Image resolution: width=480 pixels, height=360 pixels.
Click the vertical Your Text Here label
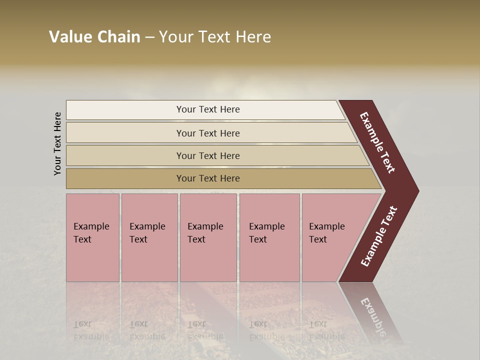pyautogui.click(x=57, y=143)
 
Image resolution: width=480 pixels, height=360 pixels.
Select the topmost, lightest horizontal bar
pyautogui.click(x=207, y=109)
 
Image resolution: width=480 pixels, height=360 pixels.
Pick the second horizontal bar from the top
pyautogui.click(x=207, y=133)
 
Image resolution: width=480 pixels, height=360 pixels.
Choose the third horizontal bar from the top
pyautogui.click(x=207, y=155)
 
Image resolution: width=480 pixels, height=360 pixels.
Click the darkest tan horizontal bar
pyautogui.click(x=207, y=178)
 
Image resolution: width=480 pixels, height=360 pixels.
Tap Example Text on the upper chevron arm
pyautogui.click(x=377, y=142)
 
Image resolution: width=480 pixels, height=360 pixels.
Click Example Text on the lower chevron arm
pyautogui.click(x=379, y=236)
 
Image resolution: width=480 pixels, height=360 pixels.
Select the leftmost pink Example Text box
pyautogui.click(x=92, y=237)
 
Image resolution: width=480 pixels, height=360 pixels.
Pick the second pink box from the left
pyautogui.click(x=149, y=237)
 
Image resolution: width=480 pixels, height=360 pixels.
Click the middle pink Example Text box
pyautogui.click(x=208, y=237)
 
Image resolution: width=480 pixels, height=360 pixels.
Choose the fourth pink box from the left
pyautogui.click(x=269, y=237)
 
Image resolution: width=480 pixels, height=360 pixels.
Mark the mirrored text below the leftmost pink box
pyautogui.click(x=91, y=330)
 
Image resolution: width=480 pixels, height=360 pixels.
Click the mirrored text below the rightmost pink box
pyautogui.click(x=326, y=330)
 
